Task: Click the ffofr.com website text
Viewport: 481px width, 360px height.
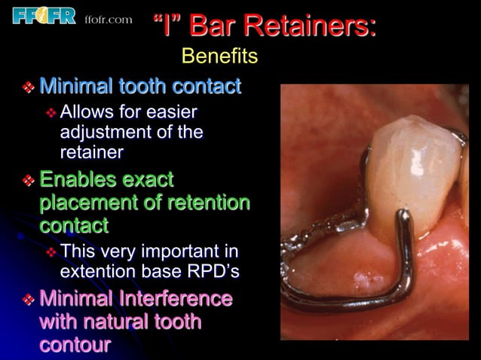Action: (x=109, y=19)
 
